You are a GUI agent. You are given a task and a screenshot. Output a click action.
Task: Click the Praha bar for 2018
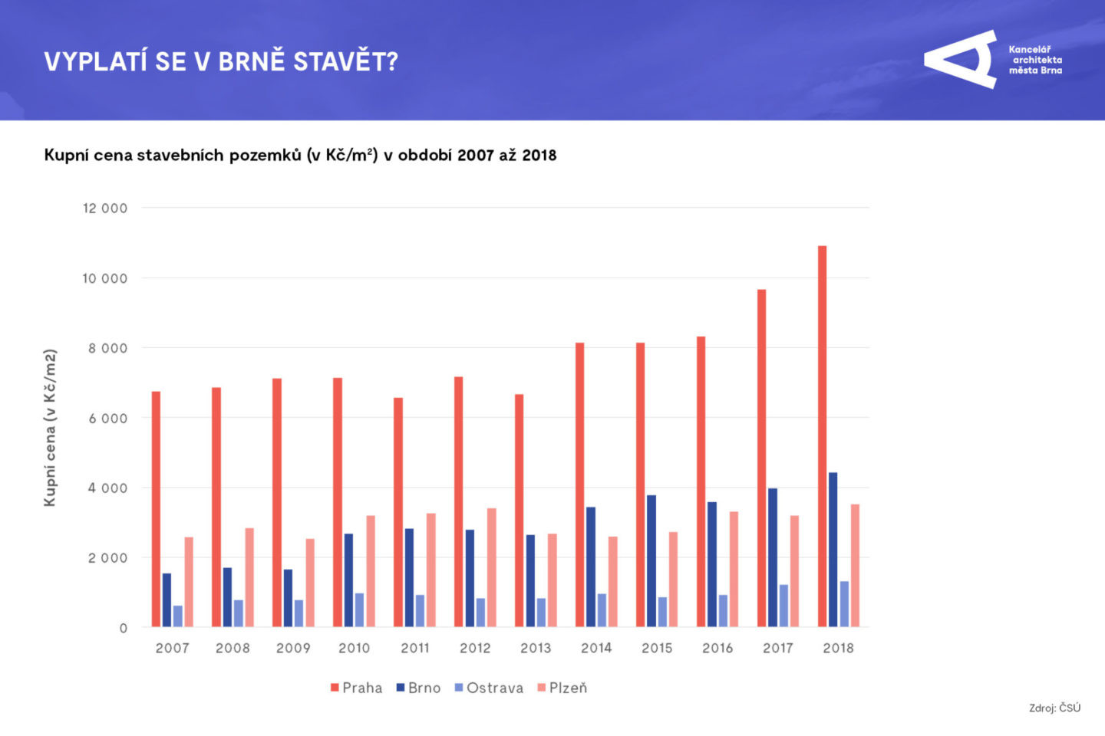coord(822,437)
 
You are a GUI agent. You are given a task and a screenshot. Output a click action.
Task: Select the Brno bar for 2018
coord(833,550)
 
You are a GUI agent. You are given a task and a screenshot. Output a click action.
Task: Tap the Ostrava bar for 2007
coord(178,616)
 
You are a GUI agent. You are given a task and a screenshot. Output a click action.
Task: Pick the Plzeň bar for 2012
coord(491,567)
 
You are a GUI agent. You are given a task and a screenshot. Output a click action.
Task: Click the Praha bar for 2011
coord(398,512)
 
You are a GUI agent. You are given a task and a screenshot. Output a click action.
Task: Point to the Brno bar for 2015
coord(651,561)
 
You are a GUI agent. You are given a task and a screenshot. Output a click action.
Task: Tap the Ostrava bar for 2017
coord(783,606)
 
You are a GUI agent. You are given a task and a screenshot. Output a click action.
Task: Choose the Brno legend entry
coord(418,688)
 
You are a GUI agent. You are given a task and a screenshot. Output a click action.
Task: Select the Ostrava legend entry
coord(489,688)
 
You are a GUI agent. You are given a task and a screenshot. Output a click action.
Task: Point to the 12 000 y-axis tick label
coord(105,209)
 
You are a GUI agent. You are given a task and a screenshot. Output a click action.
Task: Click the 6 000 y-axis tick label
coord(107,419)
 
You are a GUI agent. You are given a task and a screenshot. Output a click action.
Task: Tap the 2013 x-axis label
coord(536,648)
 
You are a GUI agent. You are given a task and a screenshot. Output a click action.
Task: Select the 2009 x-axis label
coord(293,648)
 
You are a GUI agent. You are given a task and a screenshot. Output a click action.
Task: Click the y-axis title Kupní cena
coord(50,428)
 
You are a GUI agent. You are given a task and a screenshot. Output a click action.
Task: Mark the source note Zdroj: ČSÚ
coord(1054,708)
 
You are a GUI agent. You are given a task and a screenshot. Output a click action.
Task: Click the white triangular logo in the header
coord(962,60)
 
